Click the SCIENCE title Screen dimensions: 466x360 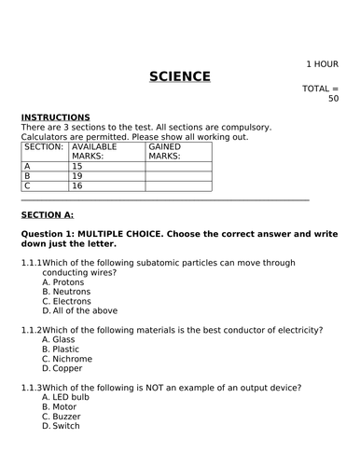(180, 75)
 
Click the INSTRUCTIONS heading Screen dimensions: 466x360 (55, 116)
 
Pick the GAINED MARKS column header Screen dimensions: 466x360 (166, 152)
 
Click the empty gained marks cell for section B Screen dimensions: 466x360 (178, 176)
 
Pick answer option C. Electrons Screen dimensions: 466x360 (66, 301)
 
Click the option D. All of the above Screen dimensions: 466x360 (79, 311)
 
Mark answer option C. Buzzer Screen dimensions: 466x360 (62, 417)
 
